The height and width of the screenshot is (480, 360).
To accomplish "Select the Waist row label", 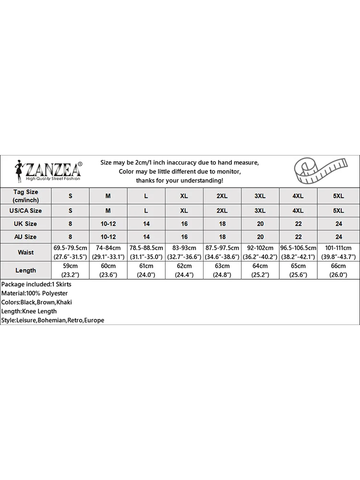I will [x=25, y=252].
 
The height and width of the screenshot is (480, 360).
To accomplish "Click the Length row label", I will [x=25, y=270].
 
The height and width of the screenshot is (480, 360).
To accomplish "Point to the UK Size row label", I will [x=25, y=224].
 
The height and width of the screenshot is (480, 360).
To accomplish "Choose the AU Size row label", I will [x=25, y=237].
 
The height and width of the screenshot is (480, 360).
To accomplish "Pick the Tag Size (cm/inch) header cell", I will [x=25, y=196].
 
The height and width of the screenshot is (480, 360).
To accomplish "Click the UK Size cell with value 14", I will [x=146, y=224].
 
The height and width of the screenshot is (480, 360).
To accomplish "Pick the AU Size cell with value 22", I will [x=298, y=237].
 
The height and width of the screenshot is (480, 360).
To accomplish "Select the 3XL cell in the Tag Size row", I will [x=260, y=196].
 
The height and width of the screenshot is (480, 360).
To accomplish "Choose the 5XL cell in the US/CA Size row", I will [x=338, y=210].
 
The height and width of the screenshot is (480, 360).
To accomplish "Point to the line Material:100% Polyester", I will [x=35, y=293].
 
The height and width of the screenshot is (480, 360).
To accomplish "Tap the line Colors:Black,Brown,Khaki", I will [x=37, y=302].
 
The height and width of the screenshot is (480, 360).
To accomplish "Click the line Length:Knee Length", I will [x=29, y=311].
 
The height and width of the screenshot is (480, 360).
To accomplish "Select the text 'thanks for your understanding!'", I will [x=180, y=180].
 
